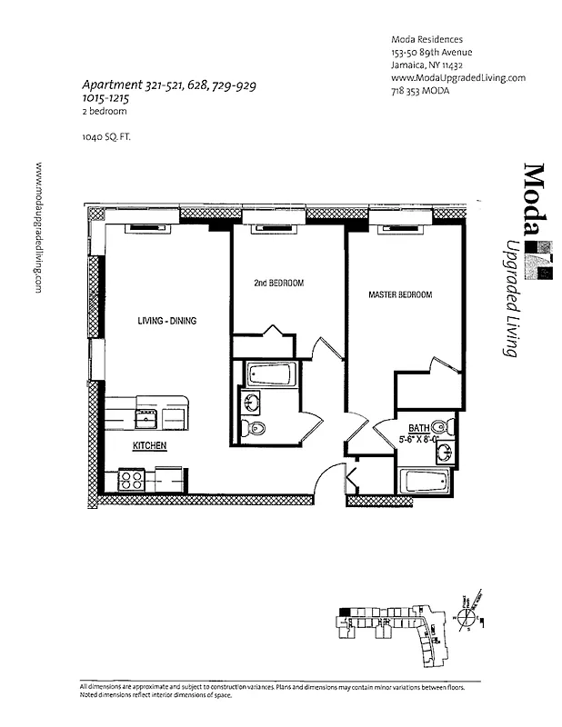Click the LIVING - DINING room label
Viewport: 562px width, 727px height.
pyautogui.click(x=167, y=321)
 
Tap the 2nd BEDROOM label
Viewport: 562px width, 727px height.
pyautogui.click(x=278, y=284)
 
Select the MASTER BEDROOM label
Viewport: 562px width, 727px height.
pyautogui.click(x=399, y=295)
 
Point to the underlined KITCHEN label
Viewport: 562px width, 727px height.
pyautogui.click(x=148, y=446)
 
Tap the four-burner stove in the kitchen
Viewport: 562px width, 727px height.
pyautogui.click(x=129, y=479)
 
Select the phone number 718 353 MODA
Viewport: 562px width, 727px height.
pyautogui.click(x=421, y=91)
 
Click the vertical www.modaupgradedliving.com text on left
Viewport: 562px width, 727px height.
pyautogui.click(x=39, y=227)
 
